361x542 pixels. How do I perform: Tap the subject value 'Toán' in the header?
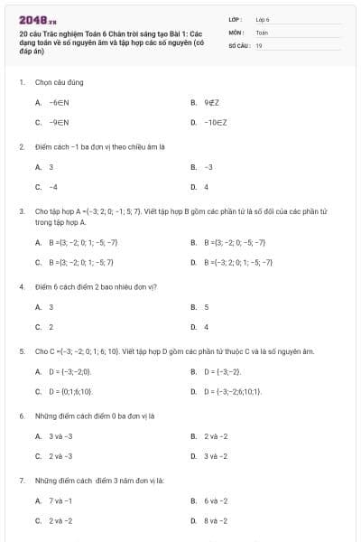coord(262,32)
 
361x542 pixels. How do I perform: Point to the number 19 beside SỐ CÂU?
coord(259,44)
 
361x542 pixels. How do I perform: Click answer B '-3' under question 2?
coord(208,167)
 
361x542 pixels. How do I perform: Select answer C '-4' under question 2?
coord(53,187)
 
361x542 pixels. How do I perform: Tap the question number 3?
coord(21,210)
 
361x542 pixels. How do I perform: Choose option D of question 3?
coord(237,262)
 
